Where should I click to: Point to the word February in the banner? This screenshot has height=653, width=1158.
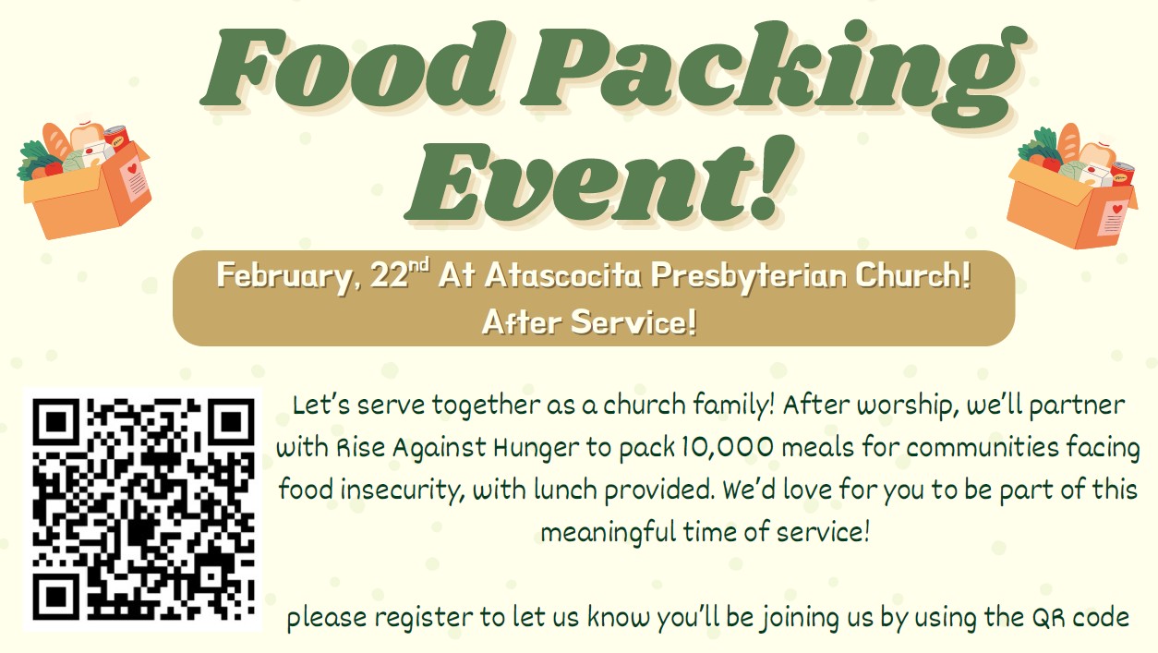(x=284, y=276)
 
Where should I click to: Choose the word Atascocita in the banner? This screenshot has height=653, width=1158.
(x=562, y=275)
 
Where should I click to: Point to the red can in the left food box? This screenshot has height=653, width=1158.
(x=117, y=138)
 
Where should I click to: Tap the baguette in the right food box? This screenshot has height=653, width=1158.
(x=1068, y=141)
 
